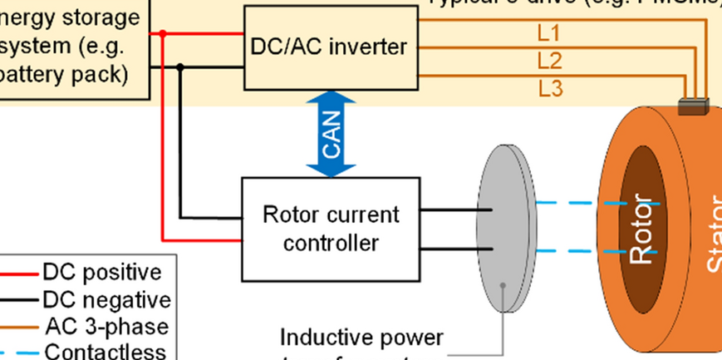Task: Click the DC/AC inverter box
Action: tap(329, 47)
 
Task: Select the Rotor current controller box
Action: tap(331, 228)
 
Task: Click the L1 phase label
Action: tap(549, 33)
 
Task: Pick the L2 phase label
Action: tap(549, 60)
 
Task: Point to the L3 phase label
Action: tap(549, 87)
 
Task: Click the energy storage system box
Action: tap(75, 46)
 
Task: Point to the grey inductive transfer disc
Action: tap(503, 229)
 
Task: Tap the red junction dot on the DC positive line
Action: tap(163, 34)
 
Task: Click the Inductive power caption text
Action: tap(361, 338)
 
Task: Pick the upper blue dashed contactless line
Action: tap(573, 203)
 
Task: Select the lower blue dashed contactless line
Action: tap(573, 250)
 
